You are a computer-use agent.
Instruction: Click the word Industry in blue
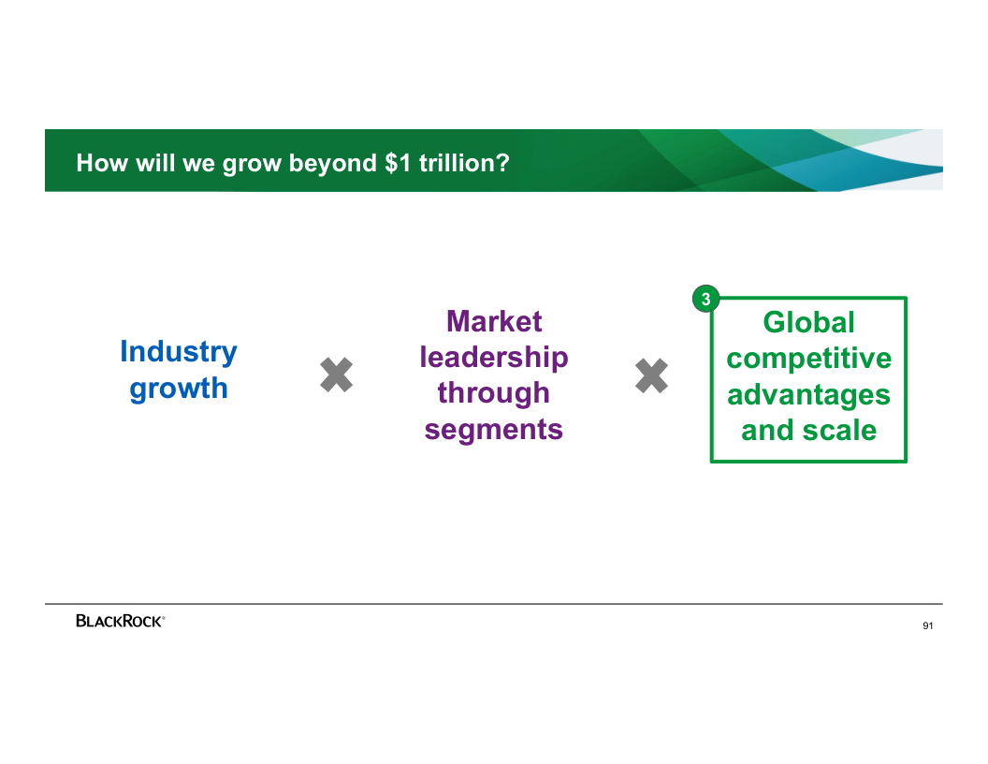179,353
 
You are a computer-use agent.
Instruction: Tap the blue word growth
179,389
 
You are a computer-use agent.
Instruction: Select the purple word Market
494,321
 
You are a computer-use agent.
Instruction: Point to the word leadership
494,358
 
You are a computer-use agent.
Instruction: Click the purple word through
494,394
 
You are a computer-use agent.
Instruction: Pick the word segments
494,430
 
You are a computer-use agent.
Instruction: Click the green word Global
809,323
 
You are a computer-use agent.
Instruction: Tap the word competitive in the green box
809,360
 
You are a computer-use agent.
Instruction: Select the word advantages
809,395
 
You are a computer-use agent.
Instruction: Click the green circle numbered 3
705,299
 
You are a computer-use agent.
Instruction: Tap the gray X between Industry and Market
337,375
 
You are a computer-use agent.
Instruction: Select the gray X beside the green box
651,375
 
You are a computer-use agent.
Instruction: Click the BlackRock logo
121,621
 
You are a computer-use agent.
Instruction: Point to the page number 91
928,626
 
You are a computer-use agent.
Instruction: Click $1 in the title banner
398,163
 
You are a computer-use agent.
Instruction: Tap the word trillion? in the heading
464,163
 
